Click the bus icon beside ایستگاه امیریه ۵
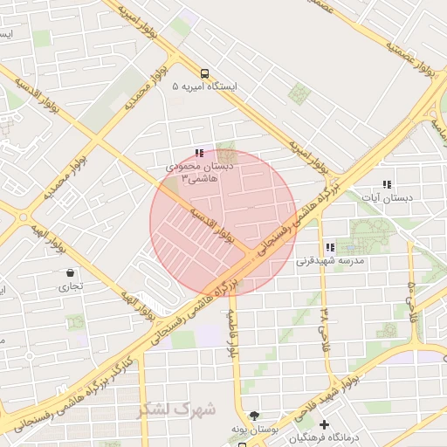click(x=203, y=74)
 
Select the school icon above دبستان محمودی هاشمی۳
click(x=199, y=154)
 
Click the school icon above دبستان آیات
click(x=387, y=184)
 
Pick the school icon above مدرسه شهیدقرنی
click(x=329, y=248)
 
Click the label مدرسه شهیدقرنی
click(x=327, y=261)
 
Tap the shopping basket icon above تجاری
click(x=70, y=273)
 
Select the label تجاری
click(x=71, y=286)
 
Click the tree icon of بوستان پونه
click(x=254, y=416)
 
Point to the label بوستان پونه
click(x=254, y=430)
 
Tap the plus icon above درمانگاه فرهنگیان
click(x=325, y=424)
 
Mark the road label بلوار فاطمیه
click(x=233, y=336)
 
